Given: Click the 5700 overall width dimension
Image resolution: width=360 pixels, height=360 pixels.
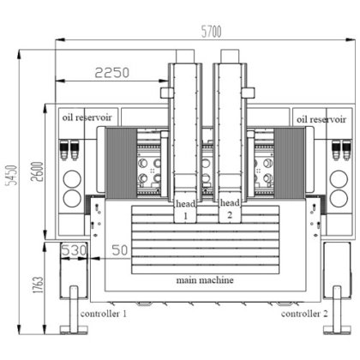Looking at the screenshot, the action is [211, 32].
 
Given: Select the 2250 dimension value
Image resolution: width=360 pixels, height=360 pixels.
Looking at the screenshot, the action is [112, 73].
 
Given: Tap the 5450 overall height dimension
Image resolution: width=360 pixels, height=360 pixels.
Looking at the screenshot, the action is [12, 175].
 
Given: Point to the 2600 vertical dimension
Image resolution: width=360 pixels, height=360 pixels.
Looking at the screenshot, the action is [38, 171].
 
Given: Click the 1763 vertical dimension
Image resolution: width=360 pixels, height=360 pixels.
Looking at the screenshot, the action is [38, 285].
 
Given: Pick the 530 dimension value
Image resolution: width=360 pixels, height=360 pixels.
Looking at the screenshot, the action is [74, 250].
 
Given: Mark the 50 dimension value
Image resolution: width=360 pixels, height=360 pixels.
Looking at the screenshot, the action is [120, 250].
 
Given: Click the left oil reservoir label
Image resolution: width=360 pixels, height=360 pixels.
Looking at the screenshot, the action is [87, 117].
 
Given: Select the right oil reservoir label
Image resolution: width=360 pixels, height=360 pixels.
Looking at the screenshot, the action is [321, 119].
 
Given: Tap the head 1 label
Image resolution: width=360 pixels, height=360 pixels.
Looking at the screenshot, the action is [186, 209].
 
